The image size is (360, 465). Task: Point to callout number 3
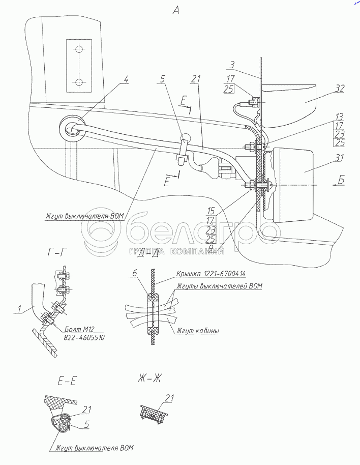coord(231,66)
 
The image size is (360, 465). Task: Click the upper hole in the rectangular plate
coord(79,50)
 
